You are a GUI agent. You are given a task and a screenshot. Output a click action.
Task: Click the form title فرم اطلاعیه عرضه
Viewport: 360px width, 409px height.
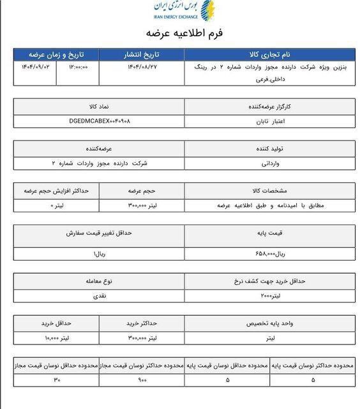point(180,32)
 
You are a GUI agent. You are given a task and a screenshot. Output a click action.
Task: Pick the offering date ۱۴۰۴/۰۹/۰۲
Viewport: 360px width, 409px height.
point(32,66)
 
